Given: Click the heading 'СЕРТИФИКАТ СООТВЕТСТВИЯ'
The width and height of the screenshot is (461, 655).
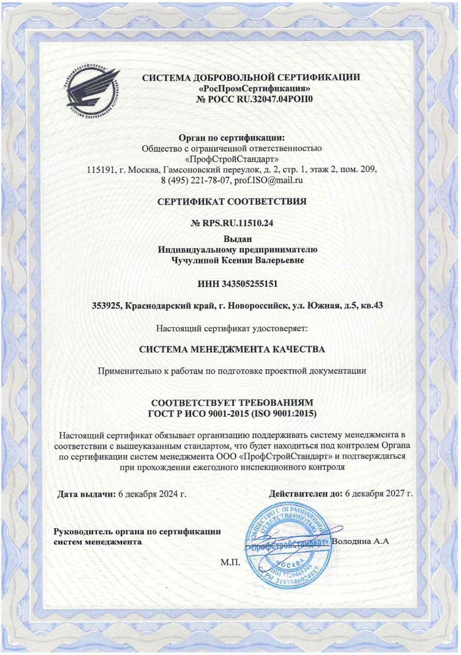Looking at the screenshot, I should click(232, 202).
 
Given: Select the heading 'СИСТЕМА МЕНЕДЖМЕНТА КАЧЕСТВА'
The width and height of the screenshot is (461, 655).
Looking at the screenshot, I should click(232, 350).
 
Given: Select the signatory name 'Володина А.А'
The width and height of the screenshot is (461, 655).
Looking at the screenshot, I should click(361, 541).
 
